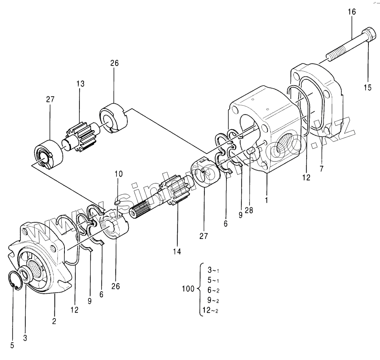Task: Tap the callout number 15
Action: pyautogui.click(x=367, y=88)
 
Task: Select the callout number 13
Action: pyautogui.click(x=80, y=84)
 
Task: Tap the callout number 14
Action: pyautogui.click(x=177, y=251)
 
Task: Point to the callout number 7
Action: pyautogui.click(x=321, y=168)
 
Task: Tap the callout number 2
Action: pyautogui.click(x=54, y=320)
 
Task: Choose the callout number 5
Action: pyautogui.click(x=12, y=345)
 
